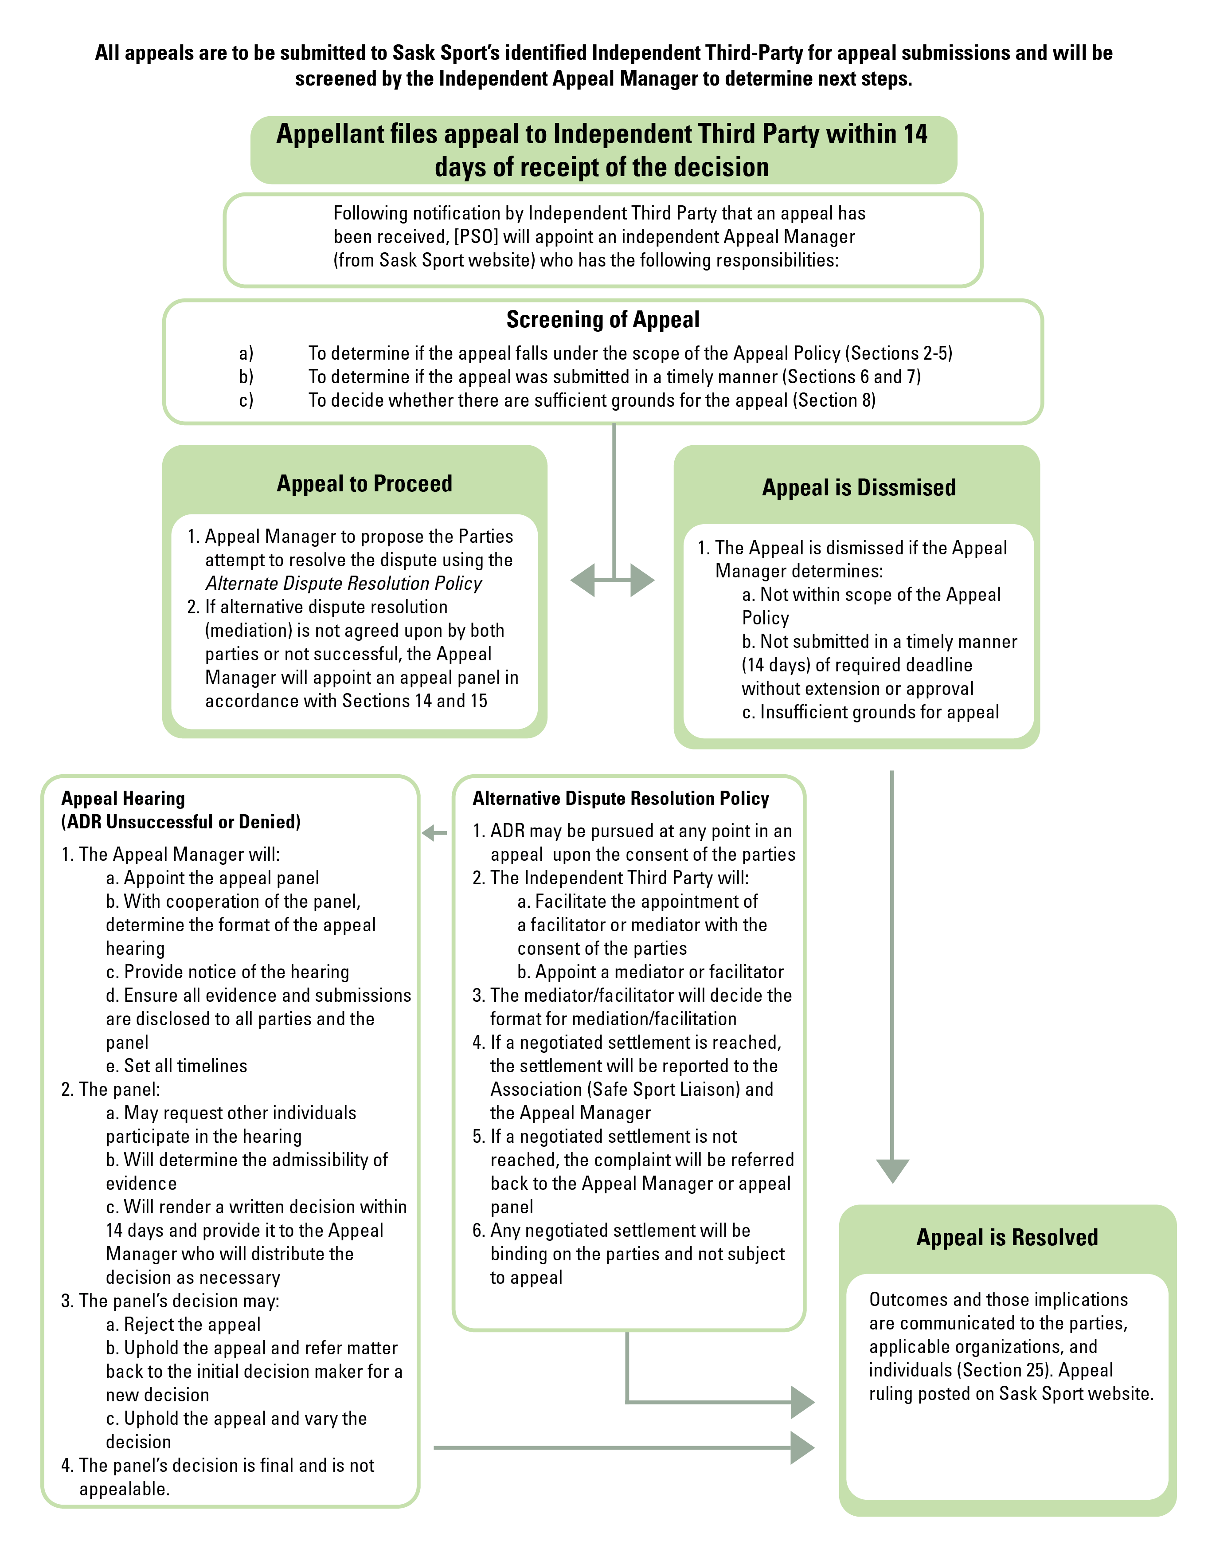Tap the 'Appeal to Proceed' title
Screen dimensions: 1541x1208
pyautogui.click(x=364, y=483)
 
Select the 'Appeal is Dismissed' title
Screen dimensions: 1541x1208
pyautogui.click(x=859, y=487)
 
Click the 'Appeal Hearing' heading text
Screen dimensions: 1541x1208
pyautogui.click(x=123, y=798)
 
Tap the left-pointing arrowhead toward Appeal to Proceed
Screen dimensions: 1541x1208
pyautogui.click(x=583, y=580)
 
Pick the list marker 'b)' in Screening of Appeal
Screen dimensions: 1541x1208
pyautogui.click(x=246, y=377)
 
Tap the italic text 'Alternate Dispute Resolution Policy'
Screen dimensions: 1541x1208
pyautogui.click(x=344, y=584)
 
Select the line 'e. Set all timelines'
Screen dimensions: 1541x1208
pyautogui.click(x=177, y=1066)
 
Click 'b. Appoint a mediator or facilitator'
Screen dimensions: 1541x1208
pyautogui.click(x=650, y=972)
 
